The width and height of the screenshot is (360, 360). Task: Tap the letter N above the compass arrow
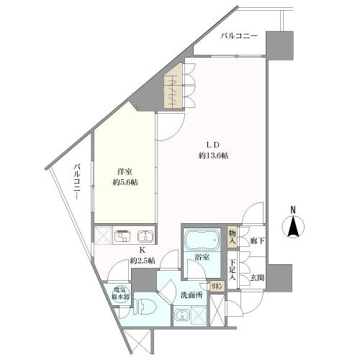tap(293, 210)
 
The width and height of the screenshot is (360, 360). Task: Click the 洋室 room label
tap(125, 171)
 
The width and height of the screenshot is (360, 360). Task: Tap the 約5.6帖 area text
tap(125, 182)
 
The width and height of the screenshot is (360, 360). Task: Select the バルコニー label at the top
tap(239, 35)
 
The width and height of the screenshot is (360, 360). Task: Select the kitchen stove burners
tap(122, 236)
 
